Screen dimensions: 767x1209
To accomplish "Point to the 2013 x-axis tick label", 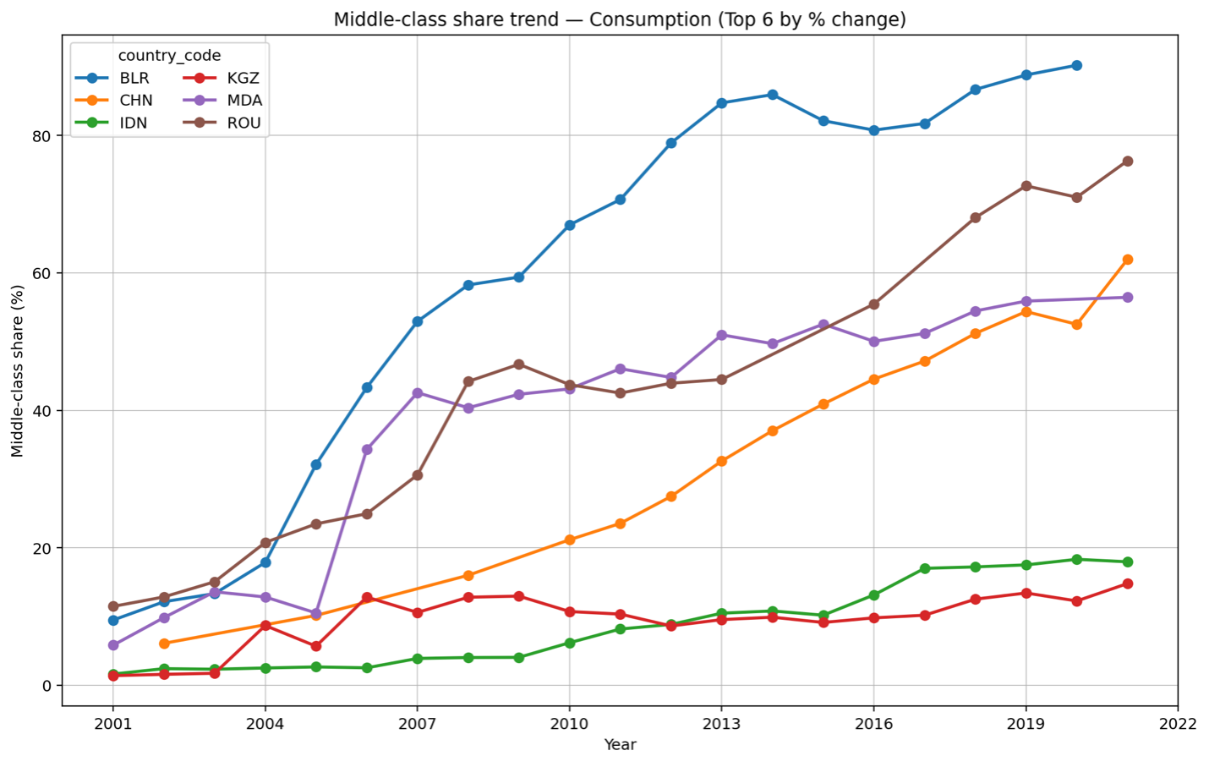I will click(x=721, y=724).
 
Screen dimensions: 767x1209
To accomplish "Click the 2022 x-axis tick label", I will click(x=1178, y=724).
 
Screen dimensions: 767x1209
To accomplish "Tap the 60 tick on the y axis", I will click(x=43, y=273).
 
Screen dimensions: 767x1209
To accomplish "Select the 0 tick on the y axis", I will click(x=47, y=686).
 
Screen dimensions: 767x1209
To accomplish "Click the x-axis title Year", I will click(x=620, y=745).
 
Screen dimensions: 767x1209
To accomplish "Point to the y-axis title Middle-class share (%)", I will click(x=18, y=370).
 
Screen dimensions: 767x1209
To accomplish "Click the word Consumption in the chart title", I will click(x=643, y=19).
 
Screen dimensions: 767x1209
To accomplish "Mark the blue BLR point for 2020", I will click(x=1076, y=65).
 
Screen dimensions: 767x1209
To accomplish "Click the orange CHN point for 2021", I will click(x=1127, y=260).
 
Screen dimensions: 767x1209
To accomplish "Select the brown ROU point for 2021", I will click(x=1127, y=162).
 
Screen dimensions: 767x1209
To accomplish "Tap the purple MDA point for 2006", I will click(x=367, y=450).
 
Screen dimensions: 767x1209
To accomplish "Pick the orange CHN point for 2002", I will click(x=164, y=644).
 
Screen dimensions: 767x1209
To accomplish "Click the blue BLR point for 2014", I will click(x=772, y=95).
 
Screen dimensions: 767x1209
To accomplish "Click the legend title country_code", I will click(x=169, y=56).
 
